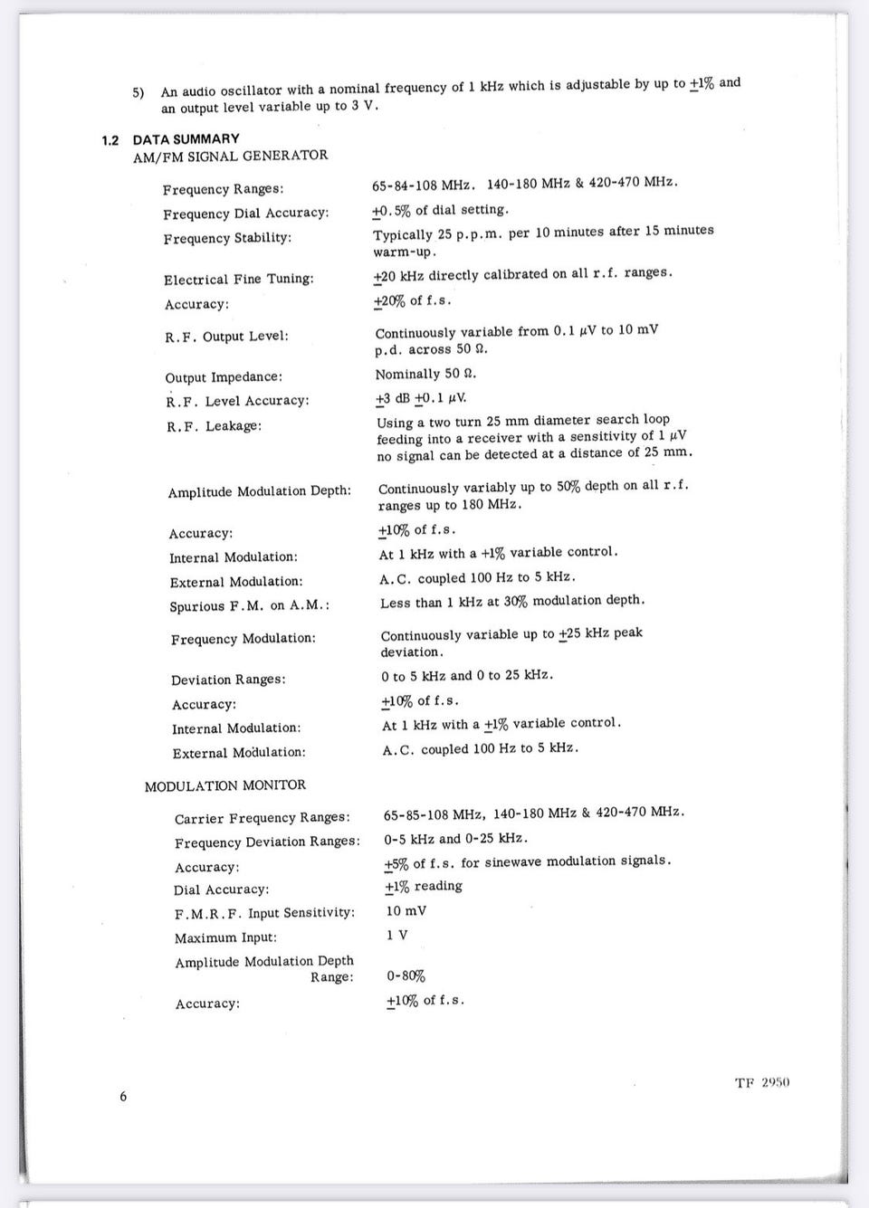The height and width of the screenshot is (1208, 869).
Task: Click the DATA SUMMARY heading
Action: click(x=186, y=139)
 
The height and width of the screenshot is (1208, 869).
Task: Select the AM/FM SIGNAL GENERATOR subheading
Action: click(x=230, y=156)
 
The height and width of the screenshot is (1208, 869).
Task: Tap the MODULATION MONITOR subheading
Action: click(x=224, y=785)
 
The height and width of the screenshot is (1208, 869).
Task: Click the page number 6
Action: click(x=123, y=1097)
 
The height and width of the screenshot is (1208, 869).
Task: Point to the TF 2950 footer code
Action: click(x=762, y=1082)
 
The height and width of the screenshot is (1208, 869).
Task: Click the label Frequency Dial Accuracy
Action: click(x=245, y=214)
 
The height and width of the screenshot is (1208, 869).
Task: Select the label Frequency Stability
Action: click(x=227, y=238)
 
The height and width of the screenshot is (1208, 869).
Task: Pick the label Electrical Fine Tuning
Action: click(x=239, y=280)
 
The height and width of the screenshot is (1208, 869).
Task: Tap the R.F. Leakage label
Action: click(x=214, y=426)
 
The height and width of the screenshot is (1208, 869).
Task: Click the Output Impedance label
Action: click(x=224, y=377)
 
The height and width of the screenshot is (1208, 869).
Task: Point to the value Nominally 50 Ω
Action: click(x=425, y=374)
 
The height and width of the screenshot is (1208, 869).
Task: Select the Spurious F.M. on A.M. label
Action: click(x=249, y=606)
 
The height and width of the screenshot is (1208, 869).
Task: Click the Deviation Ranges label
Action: click(x=228, y=680)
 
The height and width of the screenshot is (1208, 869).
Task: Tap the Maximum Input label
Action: click(x=225, y=937)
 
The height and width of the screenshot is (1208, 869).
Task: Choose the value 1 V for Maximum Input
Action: click(x=396, y=935)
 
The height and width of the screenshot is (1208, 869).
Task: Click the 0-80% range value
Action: click(x=406, y=976)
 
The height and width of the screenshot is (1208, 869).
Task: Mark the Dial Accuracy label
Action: click(x=221, y=889)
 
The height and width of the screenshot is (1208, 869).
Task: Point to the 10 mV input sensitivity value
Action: click(x=406, y=911)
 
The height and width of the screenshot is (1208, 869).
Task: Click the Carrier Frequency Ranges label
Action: click(x=263, y=819)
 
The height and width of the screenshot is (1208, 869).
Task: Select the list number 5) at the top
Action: click(x=138, y=92)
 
